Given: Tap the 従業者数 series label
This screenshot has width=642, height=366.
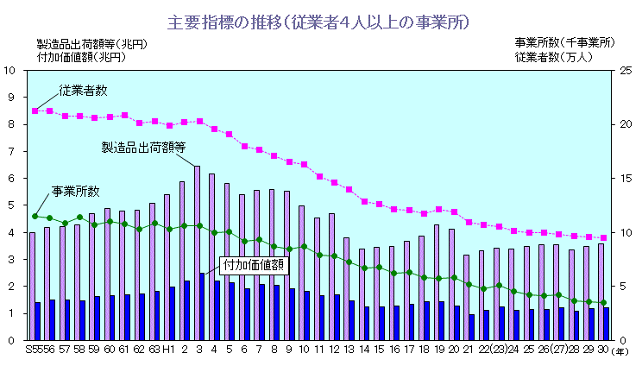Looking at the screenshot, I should click(84, 90).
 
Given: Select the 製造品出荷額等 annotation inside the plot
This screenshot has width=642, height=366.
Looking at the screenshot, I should click(144, 147).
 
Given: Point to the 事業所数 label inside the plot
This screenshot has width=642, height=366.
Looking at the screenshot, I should click(76, 191).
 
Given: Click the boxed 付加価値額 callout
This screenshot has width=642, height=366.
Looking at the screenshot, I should click(253, 264).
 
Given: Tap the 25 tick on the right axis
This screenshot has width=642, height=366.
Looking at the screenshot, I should click(626, 70).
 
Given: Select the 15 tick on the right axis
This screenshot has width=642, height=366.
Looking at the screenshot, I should click(626, 179).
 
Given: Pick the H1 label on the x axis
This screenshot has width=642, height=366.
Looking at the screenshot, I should click(170, 350).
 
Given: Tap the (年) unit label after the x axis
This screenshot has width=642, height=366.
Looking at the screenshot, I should click(620, 350).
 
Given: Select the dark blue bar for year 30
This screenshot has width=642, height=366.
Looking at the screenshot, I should click(606, 324).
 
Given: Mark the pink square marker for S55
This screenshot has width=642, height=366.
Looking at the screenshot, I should click(35, 110).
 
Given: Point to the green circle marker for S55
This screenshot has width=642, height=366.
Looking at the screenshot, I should click(35, 216).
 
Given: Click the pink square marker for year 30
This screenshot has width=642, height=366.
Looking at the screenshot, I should click(603, 237).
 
